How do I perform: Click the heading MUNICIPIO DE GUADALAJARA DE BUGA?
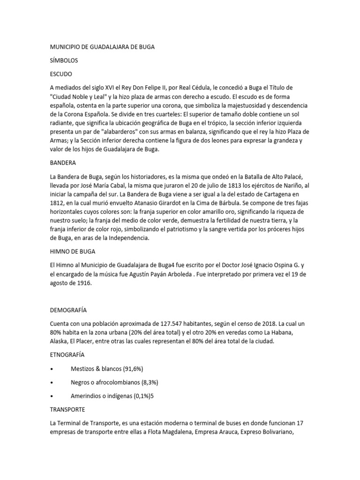pos(102,47)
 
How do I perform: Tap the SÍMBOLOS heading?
pos(64,60)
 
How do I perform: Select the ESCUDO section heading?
pos(61,74)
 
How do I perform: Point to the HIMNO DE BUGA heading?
pos(73,251)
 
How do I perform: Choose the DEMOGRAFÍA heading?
pos(68,310)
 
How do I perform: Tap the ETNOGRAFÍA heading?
pos(67,355)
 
